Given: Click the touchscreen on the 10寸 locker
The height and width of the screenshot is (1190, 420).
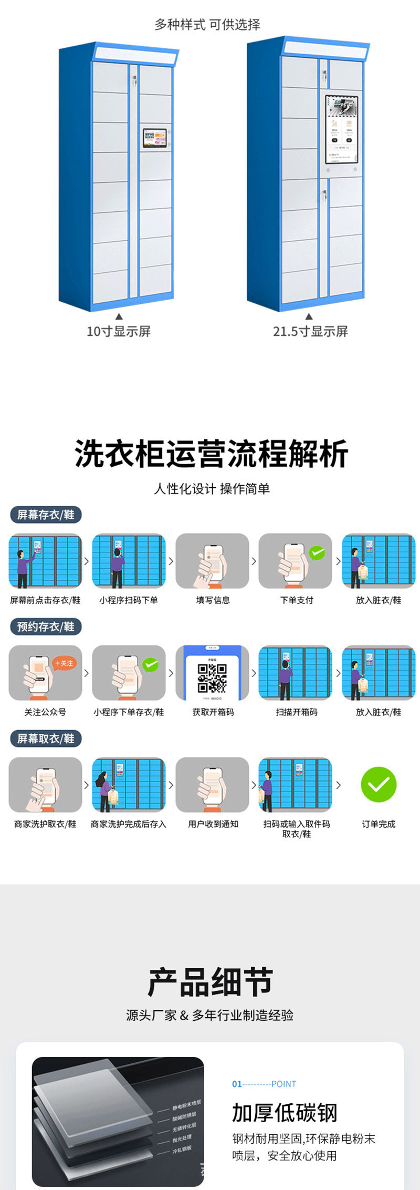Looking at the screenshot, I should click(155, 137).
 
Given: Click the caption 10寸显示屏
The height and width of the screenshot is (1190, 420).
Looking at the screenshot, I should click(119, 331).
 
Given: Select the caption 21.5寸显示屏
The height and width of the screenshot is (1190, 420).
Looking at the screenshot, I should click(310, 331).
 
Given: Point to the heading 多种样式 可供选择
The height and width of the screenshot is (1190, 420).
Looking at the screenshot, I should click(207, 24).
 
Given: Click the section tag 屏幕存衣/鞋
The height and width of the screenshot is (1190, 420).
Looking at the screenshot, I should click(46, 515).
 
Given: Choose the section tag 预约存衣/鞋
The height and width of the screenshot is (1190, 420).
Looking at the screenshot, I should click(46, 627).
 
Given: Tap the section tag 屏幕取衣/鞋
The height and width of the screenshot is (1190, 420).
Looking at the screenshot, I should click(46, 738).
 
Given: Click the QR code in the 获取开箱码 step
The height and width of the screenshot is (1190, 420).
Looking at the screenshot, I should click(212, 678).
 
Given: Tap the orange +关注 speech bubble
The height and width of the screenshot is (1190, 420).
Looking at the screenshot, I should click(64, 663).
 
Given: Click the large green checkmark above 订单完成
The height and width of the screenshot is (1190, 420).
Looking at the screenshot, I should click(379, 784).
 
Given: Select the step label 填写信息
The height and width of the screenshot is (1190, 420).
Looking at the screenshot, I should click(213, 600).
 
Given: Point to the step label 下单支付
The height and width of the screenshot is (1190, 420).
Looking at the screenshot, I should click(297, 600).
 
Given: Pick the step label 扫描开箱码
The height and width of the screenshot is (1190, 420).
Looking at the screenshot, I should click(297, 712).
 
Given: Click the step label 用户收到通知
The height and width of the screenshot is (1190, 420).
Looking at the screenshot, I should click(213, 824).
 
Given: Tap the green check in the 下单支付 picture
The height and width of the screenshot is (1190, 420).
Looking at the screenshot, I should click(317, 553).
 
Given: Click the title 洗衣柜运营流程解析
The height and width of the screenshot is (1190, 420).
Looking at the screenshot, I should click(211, 454).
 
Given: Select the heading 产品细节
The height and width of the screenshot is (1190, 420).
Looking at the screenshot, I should click(210, 982).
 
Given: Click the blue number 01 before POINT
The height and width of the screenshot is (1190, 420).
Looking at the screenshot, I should click(237, 1084).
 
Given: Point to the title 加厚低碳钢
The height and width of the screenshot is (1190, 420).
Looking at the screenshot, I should click(285, 1112).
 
